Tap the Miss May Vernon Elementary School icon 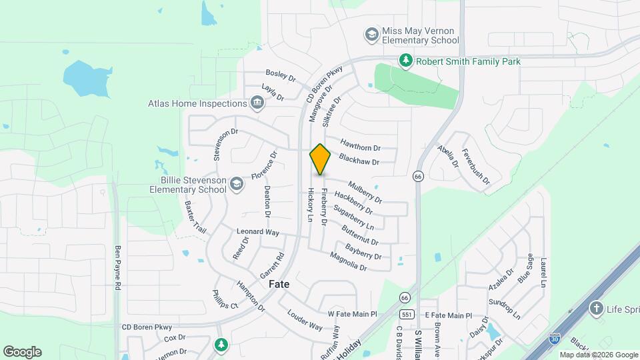371,34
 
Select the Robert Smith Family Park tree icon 405,61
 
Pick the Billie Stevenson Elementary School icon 236,184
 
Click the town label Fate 279,284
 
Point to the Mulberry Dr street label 365,193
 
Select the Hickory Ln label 310,205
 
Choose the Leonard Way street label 257,232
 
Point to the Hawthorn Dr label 360,143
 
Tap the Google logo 22,351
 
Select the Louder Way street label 305,320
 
